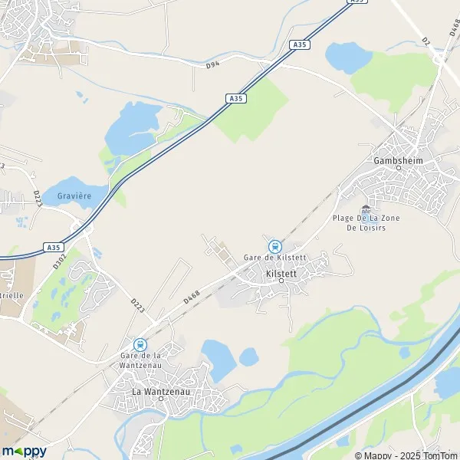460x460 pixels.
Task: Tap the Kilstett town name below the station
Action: pos(281,272)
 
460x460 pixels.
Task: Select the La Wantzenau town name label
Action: pos(161,393)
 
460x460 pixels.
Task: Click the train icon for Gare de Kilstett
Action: pos(274,246)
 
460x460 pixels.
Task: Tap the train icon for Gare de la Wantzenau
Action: pos(140,345)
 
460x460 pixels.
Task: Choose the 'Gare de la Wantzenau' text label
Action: pos(140,360)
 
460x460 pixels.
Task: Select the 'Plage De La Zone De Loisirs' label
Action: pos(366,222)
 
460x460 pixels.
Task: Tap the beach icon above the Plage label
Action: pos(365,207)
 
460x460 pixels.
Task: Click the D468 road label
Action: pos(192,294)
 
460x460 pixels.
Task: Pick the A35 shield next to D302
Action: pos(52,247)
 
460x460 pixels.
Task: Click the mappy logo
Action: pos(25,451)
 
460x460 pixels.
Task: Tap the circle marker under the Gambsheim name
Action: pos(398,168)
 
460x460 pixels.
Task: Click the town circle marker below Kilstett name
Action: pos(281,281)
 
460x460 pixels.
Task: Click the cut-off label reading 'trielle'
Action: pos(12,294)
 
